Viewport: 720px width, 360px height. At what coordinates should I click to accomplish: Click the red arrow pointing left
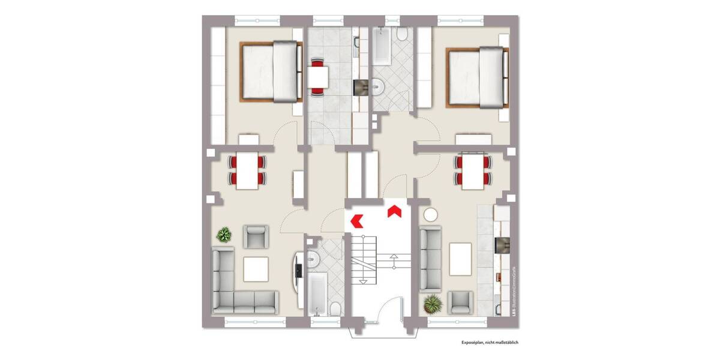point(357,220)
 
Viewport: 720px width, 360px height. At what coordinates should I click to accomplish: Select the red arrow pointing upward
point(394,211)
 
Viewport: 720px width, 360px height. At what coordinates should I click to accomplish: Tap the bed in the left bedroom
point(271,71)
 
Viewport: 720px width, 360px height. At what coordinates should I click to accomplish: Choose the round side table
point(431,214)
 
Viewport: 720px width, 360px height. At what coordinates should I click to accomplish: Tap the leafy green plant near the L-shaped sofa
point(224,235)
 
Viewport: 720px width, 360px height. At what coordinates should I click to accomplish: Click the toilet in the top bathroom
point(402,35)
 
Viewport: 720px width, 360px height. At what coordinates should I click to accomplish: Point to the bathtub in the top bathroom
point(382,48)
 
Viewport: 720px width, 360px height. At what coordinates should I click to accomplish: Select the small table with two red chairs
point(317,76)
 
